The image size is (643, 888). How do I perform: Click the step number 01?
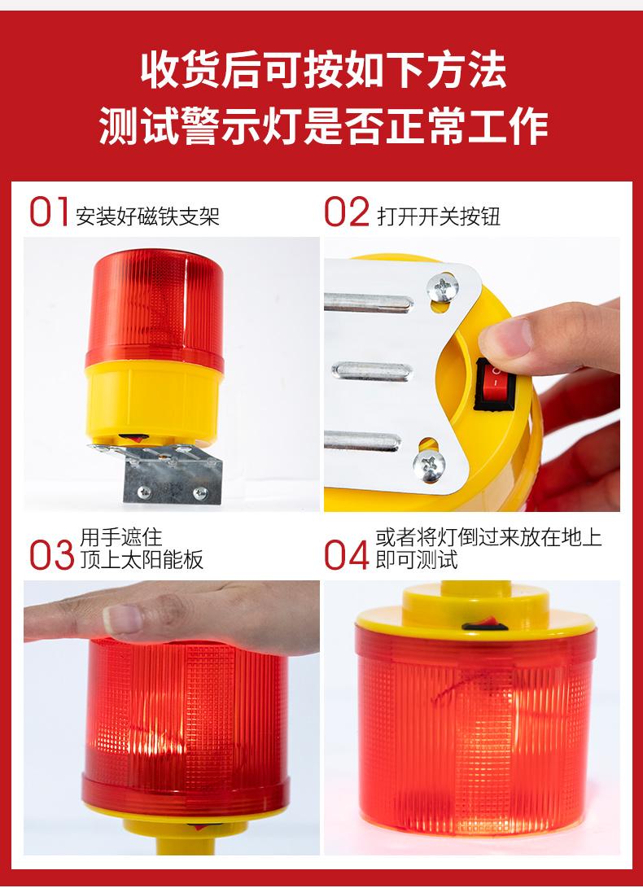point(50,212)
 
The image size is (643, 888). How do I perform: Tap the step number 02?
point(347,212)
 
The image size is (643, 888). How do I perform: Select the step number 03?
point(51,555)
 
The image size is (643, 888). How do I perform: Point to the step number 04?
point(347,555)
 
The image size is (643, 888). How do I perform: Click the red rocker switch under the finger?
point(491,384)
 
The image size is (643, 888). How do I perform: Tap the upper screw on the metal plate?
point(443,287)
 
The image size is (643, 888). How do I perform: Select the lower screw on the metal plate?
point(429,466)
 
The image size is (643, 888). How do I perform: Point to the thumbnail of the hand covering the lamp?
point(122,618)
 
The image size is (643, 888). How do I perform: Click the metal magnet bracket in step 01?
point(164,471)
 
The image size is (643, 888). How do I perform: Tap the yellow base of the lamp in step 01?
point(153,402)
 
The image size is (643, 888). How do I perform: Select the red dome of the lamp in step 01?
point(155,308)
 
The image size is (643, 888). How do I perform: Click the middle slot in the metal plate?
point(372,371)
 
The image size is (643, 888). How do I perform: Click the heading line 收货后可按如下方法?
point(323,69)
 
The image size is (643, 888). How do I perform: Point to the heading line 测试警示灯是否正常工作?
point(323,125)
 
